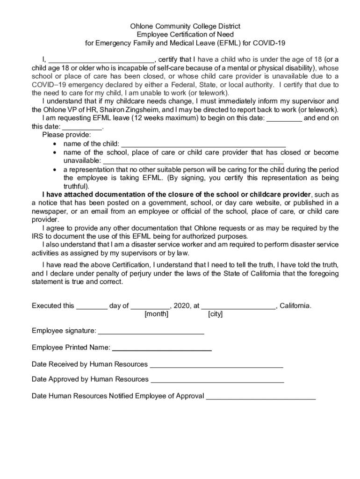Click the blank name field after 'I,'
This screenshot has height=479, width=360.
[101, 60]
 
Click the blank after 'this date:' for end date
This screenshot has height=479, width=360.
[82, 127]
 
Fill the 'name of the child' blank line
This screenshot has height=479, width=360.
[203, 144]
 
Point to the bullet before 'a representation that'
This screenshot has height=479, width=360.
[56, 170]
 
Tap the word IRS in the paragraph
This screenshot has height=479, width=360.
[37, 237]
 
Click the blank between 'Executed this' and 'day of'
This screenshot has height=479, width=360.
[92, 306]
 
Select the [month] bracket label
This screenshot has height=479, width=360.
[157, 314]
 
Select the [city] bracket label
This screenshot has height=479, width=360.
[215, 314]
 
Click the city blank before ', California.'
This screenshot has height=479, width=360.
[238, 306]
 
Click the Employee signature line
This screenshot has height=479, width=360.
[151, 332]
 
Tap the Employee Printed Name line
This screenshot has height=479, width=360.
[162, 348]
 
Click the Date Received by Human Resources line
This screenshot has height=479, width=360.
[216, 365]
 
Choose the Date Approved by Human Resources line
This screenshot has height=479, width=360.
[217, 380]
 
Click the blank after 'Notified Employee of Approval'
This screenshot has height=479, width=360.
[261, 397]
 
